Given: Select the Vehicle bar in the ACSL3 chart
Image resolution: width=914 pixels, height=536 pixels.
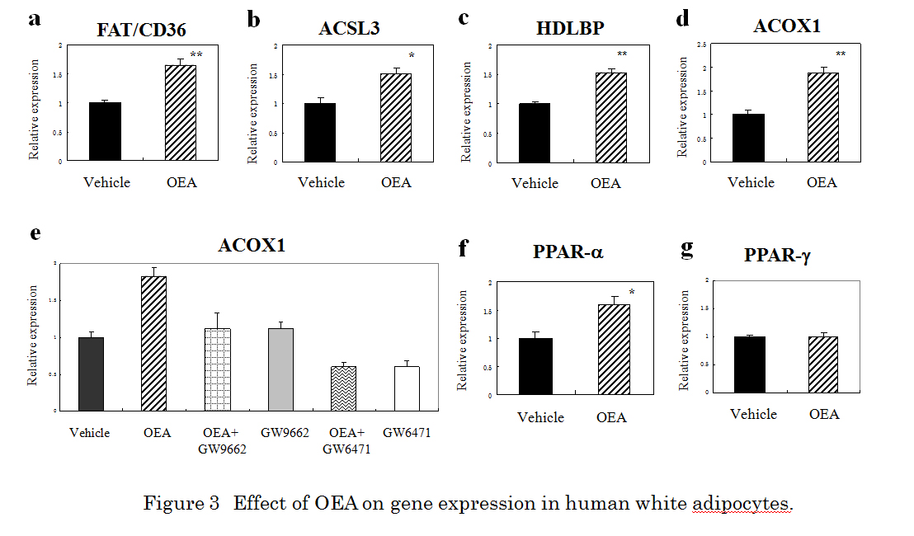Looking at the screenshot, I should click(x=319, y=132).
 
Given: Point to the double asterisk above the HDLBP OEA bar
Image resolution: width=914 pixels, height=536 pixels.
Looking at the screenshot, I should click(x=622, y=55).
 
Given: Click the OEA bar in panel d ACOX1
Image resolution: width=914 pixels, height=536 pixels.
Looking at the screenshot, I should click(x=822, y=116).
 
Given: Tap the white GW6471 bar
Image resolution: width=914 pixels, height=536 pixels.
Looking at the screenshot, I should click(x=406, y=388).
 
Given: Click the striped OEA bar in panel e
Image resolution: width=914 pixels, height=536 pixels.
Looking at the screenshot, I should click(x=153, y=343).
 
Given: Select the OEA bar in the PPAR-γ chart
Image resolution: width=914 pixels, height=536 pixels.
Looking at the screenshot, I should click(x=823, y=364).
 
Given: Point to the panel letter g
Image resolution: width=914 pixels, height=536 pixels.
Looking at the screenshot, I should click(x=686, y=249).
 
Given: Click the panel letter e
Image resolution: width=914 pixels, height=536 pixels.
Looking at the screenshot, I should click(x=35, y=233).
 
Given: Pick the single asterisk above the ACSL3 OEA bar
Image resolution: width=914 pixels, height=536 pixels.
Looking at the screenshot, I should click(x=411, y=57).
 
